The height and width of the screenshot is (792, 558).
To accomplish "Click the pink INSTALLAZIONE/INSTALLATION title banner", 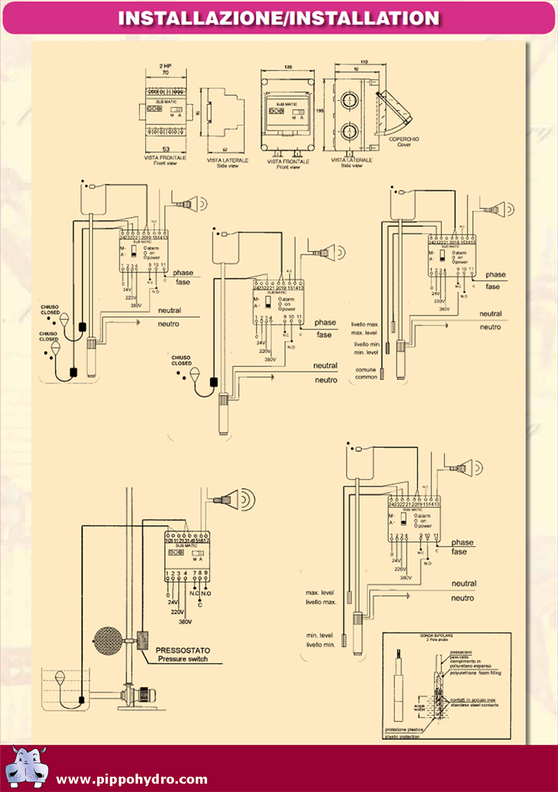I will (x=278, y=18).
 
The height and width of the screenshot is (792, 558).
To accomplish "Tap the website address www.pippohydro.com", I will (x=132, y=779).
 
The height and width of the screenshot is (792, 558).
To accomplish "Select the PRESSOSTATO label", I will (x=183, y=650).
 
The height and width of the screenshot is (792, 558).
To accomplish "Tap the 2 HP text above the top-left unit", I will (x=165, y=67).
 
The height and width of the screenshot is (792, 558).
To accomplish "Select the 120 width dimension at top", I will (x=288, y=67).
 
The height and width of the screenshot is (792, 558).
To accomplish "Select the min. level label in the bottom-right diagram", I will (x=320, y=635).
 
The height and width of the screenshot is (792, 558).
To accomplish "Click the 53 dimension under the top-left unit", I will (x=166, y=149).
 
